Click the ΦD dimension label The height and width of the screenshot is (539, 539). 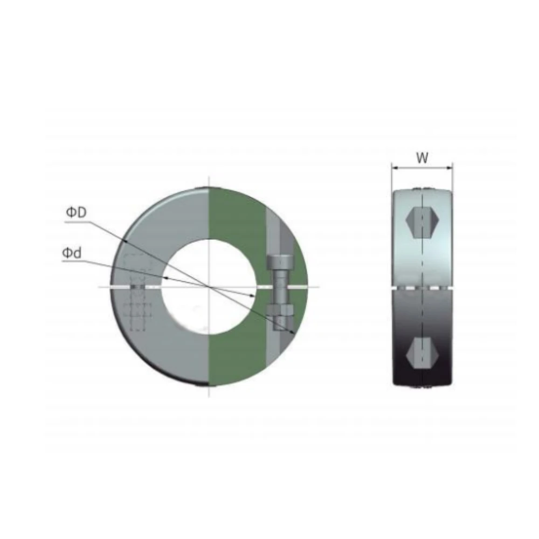tap(76, 212)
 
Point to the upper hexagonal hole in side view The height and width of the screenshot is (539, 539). tap(422, 222)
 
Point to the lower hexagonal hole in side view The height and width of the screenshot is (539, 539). tap(422, 353)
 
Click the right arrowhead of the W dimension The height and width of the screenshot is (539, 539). tap(450, 168)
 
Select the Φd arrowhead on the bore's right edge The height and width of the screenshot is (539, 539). tap(254, 296)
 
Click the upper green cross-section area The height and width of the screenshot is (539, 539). tap(237, 216)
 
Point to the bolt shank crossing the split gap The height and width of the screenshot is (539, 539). tap(280, 287)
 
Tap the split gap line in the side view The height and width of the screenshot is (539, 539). tap(422, 289)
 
